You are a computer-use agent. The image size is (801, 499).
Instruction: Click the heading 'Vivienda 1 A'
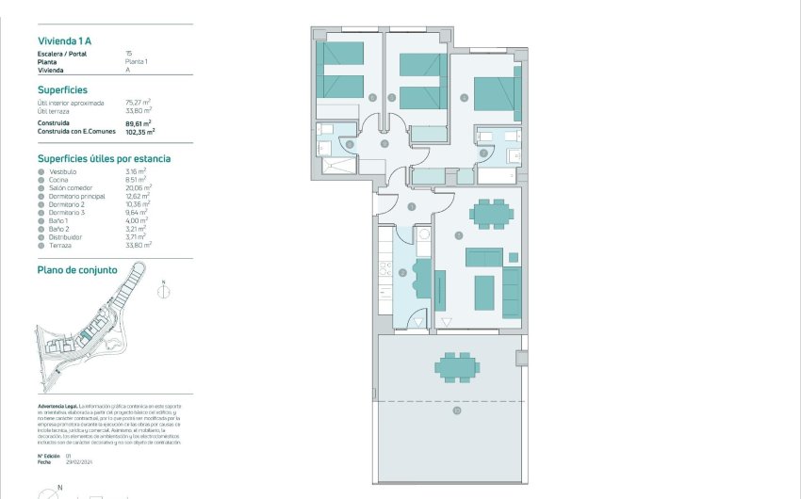click(65, 41)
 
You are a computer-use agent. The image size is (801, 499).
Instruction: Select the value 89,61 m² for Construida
click(139, 122)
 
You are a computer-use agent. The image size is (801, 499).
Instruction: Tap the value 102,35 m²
click(139, 133)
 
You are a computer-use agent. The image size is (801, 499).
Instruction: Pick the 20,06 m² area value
click(139, 187)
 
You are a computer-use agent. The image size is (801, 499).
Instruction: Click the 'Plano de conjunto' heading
click(77, 269)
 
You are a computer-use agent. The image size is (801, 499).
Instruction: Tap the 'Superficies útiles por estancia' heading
click(104, 158)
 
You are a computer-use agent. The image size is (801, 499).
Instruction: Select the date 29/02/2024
click(79, 462)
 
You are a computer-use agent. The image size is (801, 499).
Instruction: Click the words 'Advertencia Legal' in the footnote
click(57, 403)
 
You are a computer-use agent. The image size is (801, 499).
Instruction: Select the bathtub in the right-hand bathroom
click(499, 175)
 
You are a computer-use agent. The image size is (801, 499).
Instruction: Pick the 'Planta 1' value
click(137, 61)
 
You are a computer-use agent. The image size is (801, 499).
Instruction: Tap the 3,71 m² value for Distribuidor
click(137, 236)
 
